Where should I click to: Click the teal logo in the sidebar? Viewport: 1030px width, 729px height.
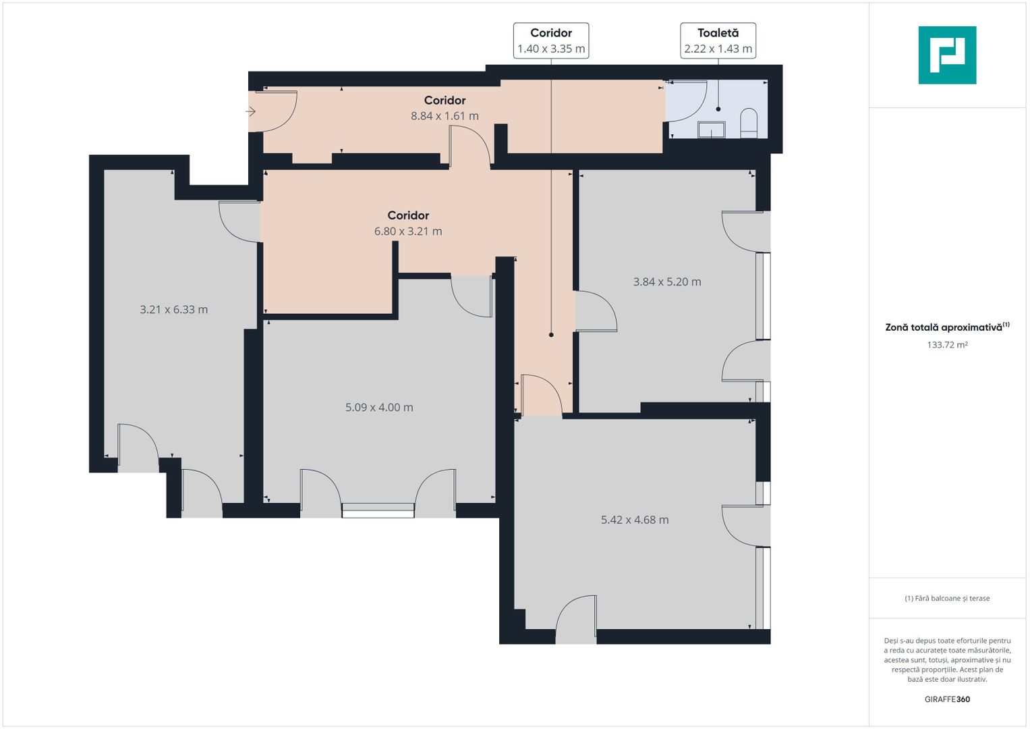point(947,55)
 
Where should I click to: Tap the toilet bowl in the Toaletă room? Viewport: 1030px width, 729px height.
point(749,123)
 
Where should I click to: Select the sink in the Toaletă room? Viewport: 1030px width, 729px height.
point(711,130)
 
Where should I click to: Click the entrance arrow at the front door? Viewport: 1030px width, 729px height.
point(250,111)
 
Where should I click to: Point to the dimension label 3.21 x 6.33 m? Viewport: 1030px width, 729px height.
point(174,309)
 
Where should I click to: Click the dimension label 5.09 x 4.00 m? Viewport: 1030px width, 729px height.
point(379,407)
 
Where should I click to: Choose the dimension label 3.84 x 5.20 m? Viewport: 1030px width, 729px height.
point(666,281)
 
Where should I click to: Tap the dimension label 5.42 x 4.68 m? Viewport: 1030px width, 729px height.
point(635,520)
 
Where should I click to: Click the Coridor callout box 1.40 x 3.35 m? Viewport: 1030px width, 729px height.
point(551,40)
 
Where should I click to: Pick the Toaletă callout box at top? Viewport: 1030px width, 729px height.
point(718,40)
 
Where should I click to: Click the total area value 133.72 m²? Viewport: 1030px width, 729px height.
point(947,345)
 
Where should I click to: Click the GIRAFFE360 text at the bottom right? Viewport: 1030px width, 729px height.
point(947,699)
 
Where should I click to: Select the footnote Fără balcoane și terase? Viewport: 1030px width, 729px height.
point(947,598)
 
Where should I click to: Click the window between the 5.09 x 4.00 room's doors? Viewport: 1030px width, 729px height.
point(378,510)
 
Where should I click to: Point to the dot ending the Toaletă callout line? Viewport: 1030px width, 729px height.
point(718,109)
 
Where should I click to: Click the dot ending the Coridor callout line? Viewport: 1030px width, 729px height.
point(551,335)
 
